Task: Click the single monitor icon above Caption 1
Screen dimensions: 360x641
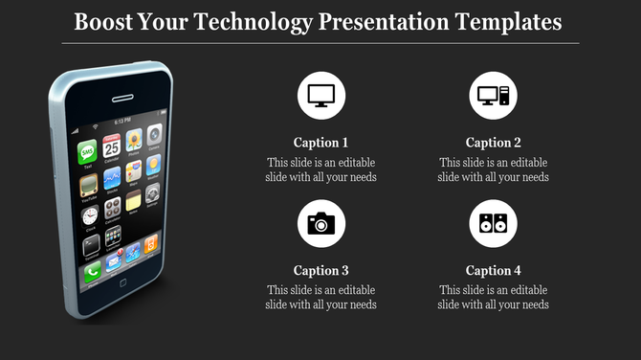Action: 321,96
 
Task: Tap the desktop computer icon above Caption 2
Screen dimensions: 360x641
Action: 494,96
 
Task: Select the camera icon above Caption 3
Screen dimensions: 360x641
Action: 321,225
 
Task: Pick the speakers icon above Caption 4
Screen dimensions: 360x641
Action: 494,225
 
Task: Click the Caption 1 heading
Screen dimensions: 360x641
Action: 321,143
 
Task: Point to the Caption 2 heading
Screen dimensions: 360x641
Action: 494,143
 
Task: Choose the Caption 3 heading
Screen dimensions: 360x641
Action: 321,270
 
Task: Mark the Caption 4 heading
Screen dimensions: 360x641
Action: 494,270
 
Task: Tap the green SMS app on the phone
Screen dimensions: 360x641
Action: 88,151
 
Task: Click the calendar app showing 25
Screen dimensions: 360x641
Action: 112,146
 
